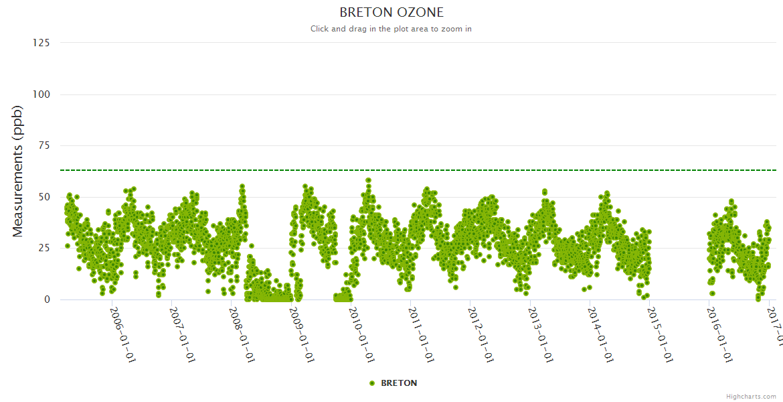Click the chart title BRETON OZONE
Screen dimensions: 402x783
click(x=391, y=12)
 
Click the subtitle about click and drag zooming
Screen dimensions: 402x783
click(x=391, y=29)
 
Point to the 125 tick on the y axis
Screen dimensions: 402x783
click(x=41, y=43)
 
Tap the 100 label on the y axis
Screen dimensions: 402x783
click(x=41, y=94)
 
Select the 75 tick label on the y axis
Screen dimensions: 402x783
click(x=43, y=145)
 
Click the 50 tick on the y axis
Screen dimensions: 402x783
click(x=43, y=197)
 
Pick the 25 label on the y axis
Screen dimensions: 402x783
click(x=43, y=248)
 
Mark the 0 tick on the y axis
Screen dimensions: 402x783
click(x=47, y=299)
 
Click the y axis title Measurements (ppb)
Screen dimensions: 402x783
click(x=18, y=171)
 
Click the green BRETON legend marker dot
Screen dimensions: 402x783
click(x=372, y=383)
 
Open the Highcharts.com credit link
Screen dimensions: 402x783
click(x=751, y=396)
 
